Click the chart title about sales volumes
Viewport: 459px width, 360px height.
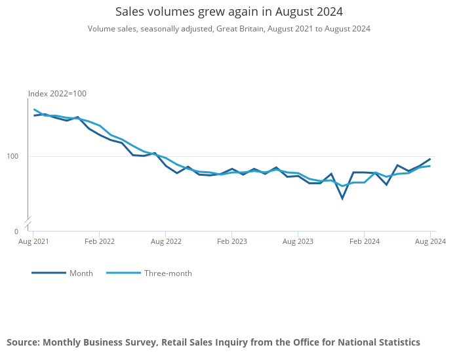229,12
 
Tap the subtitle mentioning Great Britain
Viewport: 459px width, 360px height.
229,29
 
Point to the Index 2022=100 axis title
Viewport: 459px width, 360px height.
57,94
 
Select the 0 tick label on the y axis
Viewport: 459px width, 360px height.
16,231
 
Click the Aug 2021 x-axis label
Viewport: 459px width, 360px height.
33,241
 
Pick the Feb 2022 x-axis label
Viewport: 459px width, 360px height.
99,241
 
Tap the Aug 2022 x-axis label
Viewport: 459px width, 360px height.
166,241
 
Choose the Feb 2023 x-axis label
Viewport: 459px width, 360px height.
232,241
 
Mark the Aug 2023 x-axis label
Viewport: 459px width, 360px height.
298,241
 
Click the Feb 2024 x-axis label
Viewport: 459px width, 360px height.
365,241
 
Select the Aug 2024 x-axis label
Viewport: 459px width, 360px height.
431,241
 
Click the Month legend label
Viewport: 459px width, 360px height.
81,273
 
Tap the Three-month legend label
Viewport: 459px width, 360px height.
168,273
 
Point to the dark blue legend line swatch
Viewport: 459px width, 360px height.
49,273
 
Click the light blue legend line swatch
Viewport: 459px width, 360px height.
123,273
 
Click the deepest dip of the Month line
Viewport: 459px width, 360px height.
342,198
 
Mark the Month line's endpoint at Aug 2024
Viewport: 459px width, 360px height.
430,159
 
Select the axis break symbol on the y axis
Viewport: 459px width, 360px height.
28,222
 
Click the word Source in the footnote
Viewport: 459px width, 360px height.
22,342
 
